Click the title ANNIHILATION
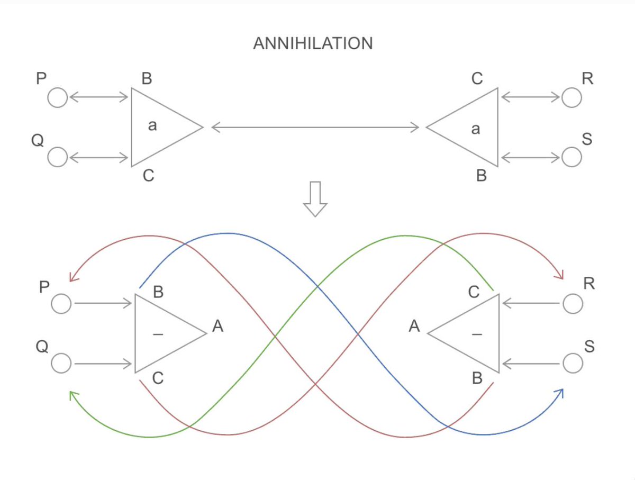click(x=313, y=43)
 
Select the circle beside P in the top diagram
click(x=58, y=97)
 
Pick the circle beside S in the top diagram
click(x=571, y=157)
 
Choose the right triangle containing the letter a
click(x=468, y=128)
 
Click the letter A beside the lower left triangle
click(x=217, y=327)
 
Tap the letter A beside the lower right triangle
click(x=414, y=327)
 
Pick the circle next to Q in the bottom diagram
click(x=61, y=364)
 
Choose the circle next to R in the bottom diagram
click(x=573, y=304)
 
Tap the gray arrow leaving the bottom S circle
click(x=531, y=364)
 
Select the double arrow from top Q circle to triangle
click(x=99, y=157)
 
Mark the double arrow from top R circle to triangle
click(x=530, y=97)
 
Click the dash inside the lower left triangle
click(x=157, y=334)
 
